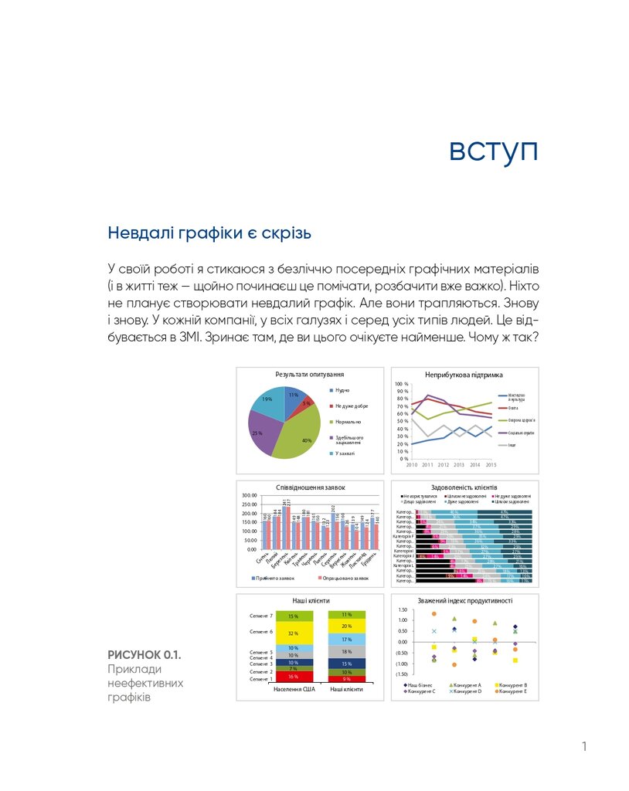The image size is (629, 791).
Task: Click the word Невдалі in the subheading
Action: [137, 232]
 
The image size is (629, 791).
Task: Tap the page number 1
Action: [584, 746]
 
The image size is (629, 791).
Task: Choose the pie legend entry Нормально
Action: [351, 422]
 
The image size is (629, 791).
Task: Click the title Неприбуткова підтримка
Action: [464, 375]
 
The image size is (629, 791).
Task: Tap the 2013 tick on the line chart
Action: [458, 465]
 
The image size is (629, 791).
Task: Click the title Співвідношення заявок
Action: [310, 487]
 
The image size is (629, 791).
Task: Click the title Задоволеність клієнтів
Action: [464, 487]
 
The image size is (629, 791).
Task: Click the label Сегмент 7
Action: [262, 616]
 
